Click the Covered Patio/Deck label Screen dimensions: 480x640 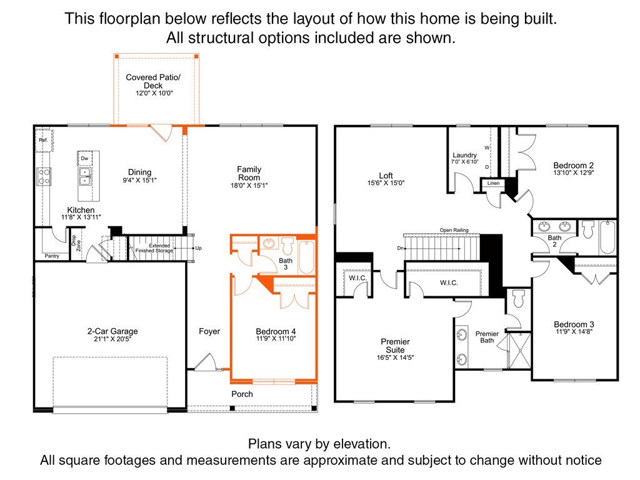coord(153,81)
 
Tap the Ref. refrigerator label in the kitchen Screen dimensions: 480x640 coord(43,140)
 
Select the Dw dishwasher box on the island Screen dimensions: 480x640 coord(84,159)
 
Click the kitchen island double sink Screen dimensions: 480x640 coord(84,176)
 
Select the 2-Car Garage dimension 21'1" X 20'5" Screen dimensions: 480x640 coord(112,339)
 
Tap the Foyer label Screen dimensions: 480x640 coord(209,331)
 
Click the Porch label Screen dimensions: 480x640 coord(242,394)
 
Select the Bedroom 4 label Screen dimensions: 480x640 coord(276,331)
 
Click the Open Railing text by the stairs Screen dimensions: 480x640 coord(454,230)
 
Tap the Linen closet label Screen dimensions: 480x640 coord(493,184)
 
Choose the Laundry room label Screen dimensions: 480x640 coord(464,155)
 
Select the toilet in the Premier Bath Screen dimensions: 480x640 coord(517,301)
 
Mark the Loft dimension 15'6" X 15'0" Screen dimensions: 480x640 coord(386,183)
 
